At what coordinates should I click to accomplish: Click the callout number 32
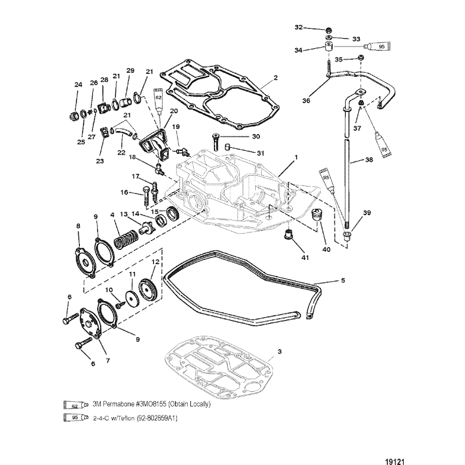(299, 27)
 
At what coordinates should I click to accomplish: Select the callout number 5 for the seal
(342, 280)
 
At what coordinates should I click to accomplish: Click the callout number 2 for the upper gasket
(275, 77)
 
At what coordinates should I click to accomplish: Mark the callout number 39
(367, 213)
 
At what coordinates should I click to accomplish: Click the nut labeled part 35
(361, 58)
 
